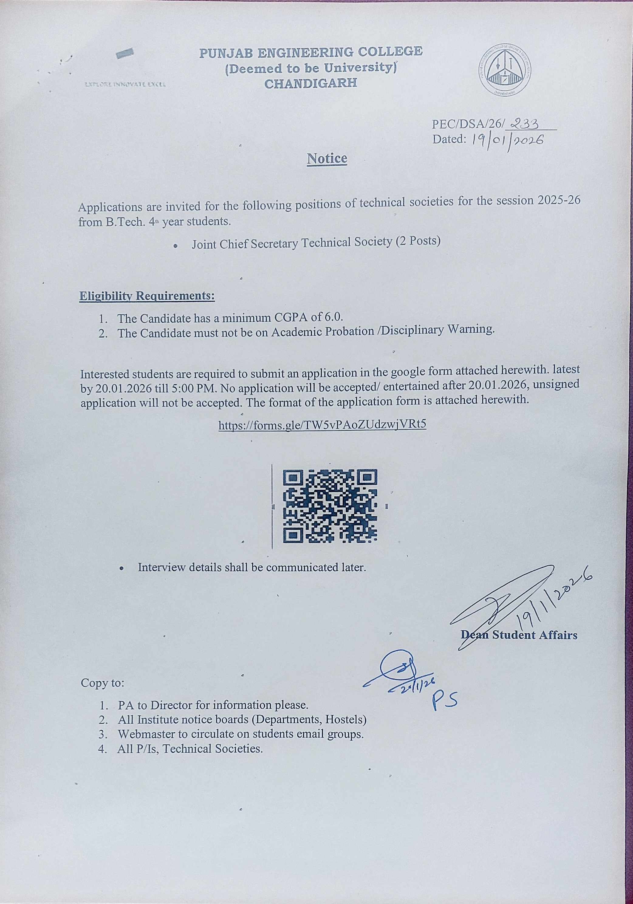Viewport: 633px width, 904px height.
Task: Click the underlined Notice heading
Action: point(327,158)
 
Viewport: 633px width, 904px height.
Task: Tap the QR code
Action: point(330,506)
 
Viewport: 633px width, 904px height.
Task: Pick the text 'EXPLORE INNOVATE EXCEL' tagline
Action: point(125,84)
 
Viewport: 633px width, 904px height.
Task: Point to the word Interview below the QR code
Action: point(162,567)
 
